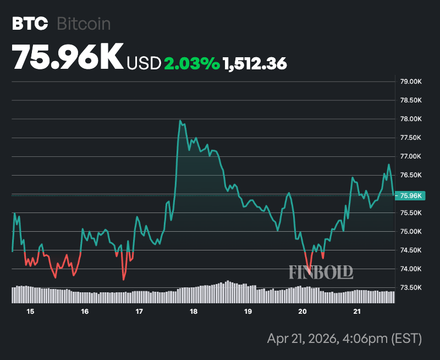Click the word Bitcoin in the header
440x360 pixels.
[84, 24]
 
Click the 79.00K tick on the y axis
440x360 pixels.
[410, 82]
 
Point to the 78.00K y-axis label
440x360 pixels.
[410, 119]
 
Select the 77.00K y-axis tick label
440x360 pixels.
[410, 157]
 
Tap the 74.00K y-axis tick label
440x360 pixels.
[410, 269]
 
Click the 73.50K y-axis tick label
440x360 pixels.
[410, 287]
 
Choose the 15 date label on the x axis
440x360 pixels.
[30, 312]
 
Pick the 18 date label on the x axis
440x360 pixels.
[194, 312]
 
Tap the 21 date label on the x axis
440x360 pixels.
[356, 312]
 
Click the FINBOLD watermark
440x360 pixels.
[321, 271]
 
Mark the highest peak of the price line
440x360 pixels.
[180, 121]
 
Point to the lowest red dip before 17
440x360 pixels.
[124, 280]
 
